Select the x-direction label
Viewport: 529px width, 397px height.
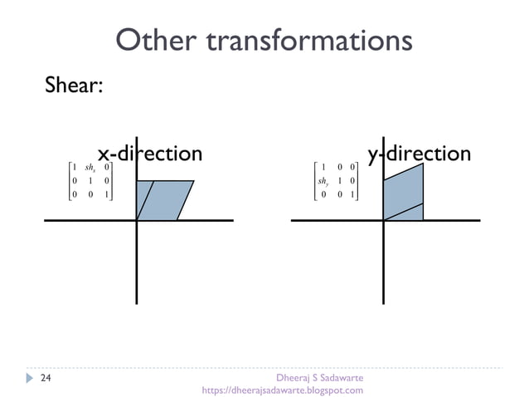[149, 154]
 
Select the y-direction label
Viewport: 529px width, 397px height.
[419, 154]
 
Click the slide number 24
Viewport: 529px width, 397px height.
[46, 378]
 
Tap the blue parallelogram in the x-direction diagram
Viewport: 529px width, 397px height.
[166, 200]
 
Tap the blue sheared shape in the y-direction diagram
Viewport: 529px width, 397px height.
[404, 195]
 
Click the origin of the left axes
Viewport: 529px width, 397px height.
[137, 220]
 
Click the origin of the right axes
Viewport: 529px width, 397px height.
[384, 220]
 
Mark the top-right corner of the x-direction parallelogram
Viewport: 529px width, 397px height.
[194, 181]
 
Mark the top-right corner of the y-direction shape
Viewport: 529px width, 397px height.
[424, 164]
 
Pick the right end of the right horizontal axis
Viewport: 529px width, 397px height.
[479, 220]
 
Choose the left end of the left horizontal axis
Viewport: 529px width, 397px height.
[45, 220]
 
